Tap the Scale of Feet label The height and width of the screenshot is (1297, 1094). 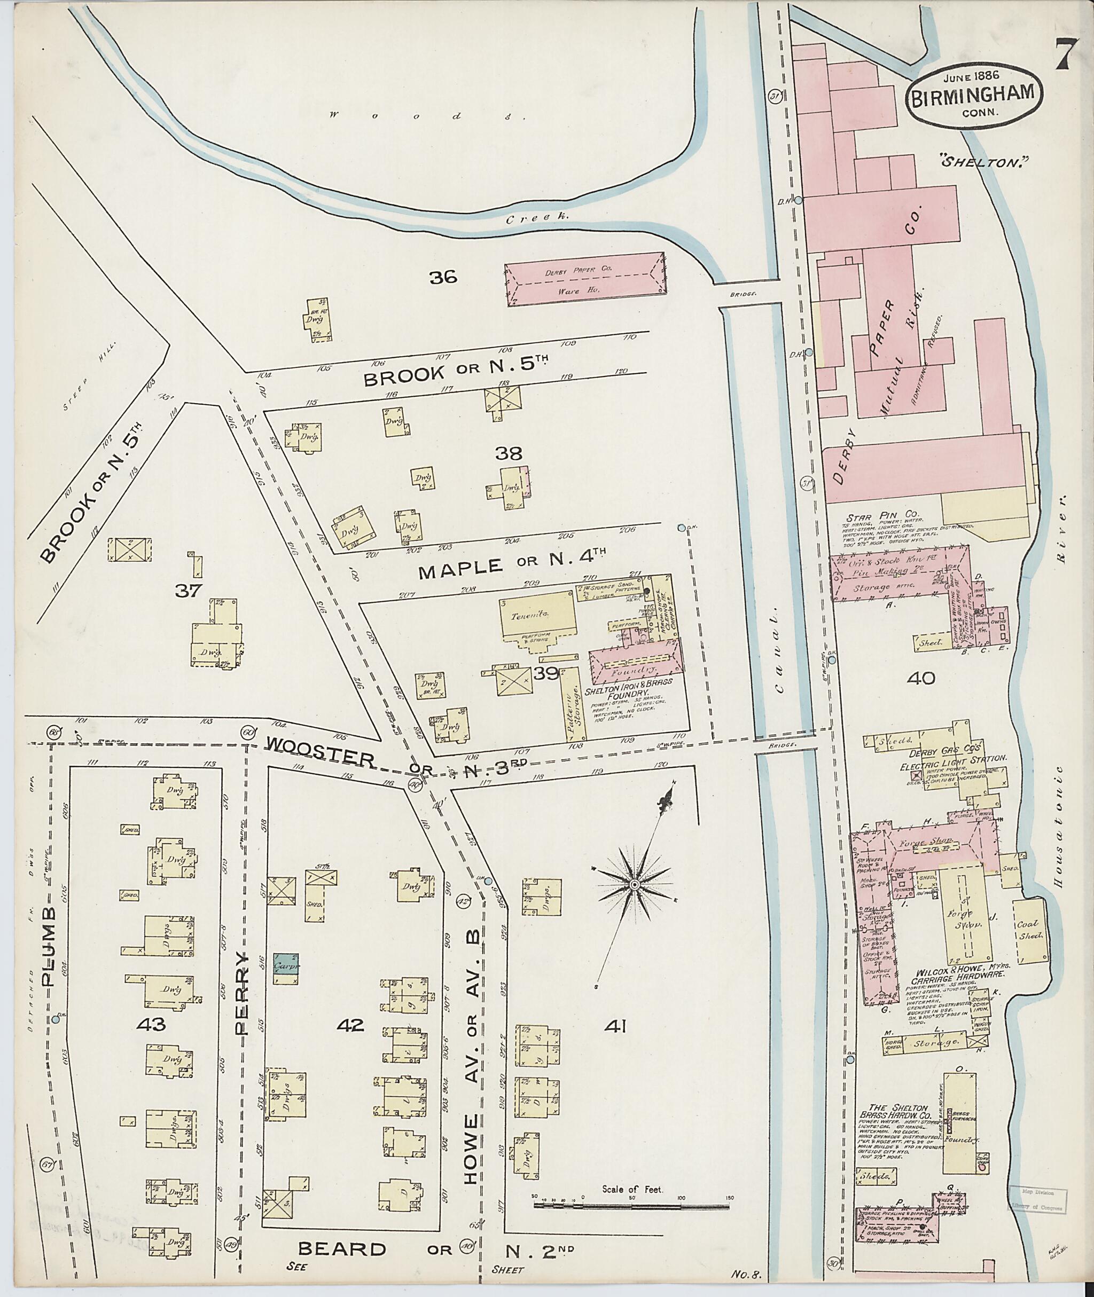click(x=632, y=1190)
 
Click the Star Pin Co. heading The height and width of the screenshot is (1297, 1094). click(x=880, y=516)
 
